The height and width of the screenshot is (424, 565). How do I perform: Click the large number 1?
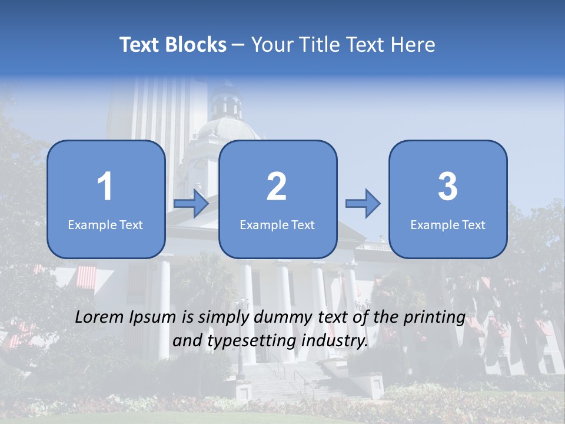coord(105,187)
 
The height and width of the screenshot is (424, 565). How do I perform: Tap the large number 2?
coord(277,187)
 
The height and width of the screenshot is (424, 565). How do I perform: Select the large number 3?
coord(448,187)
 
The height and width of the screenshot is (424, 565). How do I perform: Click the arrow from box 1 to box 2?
coord(191,204)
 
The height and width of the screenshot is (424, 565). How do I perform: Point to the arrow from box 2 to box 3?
coord(363,204)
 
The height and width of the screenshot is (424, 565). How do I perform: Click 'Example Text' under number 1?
coord(105,224)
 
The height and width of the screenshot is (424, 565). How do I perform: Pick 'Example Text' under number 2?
coord(277,224)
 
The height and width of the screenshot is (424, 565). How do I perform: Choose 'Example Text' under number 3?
coord(448,224)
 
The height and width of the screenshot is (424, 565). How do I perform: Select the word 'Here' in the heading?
coord(413,45)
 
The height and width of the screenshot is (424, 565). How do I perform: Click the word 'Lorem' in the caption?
coord(100,317)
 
